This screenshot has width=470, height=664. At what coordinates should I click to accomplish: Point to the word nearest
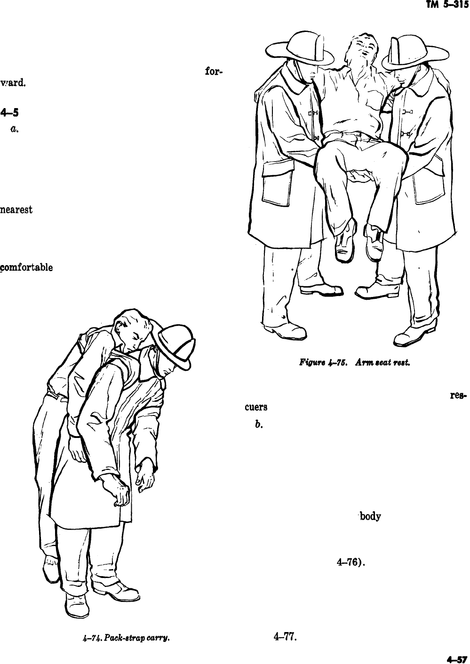pyautogui.click(x=16, y=210)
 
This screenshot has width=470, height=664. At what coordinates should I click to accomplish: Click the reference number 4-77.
pyautogui.click(x=285, y=637)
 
